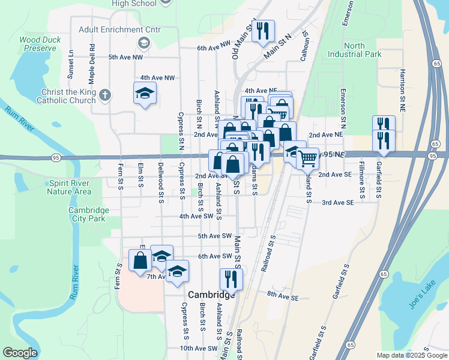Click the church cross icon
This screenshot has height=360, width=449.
(105, 95)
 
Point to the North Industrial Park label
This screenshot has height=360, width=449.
(355, 50)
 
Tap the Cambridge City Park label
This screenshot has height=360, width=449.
(88, 214)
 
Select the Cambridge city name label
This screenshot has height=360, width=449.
(211, 295)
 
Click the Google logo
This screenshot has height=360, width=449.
(20, 353)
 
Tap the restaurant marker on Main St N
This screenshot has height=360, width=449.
(262, 31)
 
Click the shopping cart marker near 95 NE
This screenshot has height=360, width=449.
(307, 158)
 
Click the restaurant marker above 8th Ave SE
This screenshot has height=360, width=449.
(231, 278)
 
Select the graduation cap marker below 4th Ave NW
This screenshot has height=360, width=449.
(145, 93)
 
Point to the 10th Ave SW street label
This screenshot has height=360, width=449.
(199, 348)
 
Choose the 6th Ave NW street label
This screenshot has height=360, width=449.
(214, 48)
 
